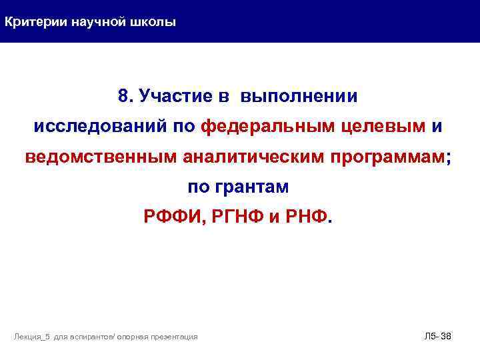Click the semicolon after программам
(447, 157)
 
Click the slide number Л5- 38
(438, 336)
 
